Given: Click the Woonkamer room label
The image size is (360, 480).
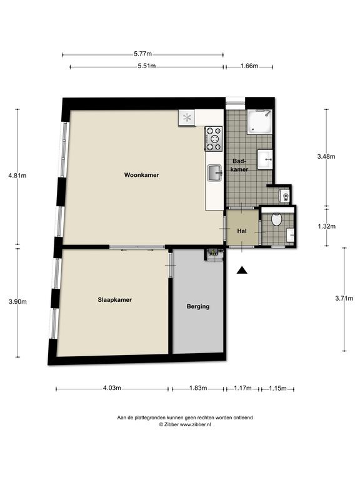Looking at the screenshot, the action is [141, 175].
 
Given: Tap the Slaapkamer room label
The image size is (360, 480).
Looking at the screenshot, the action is [115, 300].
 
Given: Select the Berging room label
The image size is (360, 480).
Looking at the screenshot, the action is [198, 306].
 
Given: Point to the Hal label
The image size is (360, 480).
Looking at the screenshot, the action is [242, 231].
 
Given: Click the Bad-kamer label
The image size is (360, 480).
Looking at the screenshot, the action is [239, 165].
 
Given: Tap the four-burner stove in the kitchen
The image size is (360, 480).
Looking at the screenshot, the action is [213, 139].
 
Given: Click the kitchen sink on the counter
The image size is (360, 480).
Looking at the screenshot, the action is [215, 173].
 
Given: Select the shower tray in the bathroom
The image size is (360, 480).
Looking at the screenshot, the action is [259, 122].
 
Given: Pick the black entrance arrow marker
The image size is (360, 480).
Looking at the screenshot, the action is [242, 270].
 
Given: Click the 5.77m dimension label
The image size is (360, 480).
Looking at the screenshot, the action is [142, 54].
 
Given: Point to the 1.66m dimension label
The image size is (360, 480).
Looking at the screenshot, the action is [249, 66].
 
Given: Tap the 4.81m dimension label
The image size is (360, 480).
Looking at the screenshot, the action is [17, 176].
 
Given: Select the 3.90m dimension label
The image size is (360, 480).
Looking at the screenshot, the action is [17, 301].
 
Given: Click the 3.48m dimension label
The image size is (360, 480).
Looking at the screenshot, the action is [326, 156].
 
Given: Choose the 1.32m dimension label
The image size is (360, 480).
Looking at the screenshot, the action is [326, 226].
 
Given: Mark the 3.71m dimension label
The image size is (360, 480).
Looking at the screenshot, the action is [344, 298].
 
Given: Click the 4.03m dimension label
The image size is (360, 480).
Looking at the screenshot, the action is [112, 388].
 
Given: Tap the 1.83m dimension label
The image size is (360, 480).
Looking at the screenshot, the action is [198, 388].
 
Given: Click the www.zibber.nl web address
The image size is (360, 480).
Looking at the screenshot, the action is [195, 424].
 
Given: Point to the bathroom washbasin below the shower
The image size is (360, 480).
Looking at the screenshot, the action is [264, 159].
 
